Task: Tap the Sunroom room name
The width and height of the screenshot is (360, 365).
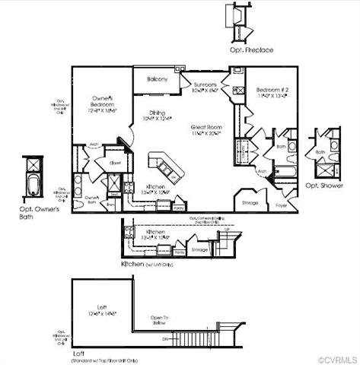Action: pyautogui.click(x=205, y=84)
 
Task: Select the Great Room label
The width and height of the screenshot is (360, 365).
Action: pyautogui.click(x=205, y=127)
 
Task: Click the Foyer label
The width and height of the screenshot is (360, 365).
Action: pyautogui.click(x=282, y=204)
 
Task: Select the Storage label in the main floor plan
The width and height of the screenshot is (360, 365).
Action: pyautogui.click(x=249, y=203)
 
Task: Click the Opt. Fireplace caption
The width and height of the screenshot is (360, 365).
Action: pyautogui.click(x=252, y=49)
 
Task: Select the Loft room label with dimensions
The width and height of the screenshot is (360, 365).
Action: pyautogui.click(x=103, y=313)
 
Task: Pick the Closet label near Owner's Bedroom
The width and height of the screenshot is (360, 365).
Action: pyautogui.click(x=116, y=162)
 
